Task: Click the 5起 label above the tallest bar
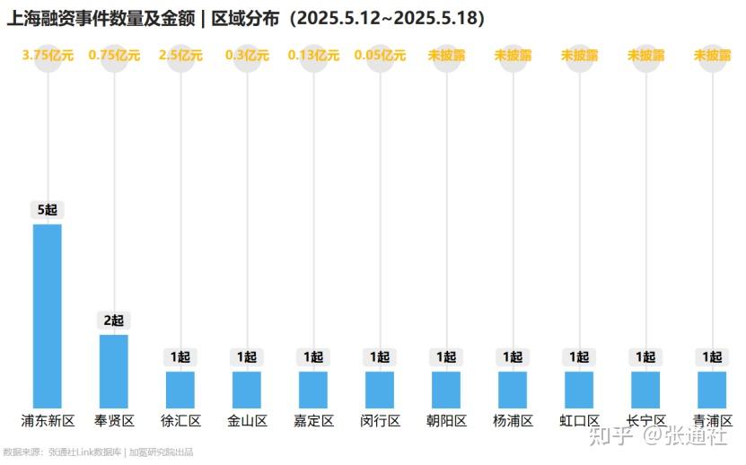click(48, 210)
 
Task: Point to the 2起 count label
click(114, 320)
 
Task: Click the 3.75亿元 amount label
click(48, 56)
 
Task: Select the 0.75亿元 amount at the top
click(114, 56)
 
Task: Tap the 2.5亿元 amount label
click(180, 56)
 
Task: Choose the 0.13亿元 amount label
click(313, 56)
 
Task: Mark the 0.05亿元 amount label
click(380, 56)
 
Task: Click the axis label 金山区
click(247, 421)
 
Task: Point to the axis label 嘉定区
click(313, 421)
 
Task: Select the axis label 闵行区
click(380, 421)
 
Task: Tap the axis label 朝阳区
click(446, 421)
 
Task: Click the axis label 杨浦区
click(513, 421)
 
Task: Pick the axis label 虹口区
click(579, 421)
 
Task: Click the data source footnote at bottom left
click(98, 452)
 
